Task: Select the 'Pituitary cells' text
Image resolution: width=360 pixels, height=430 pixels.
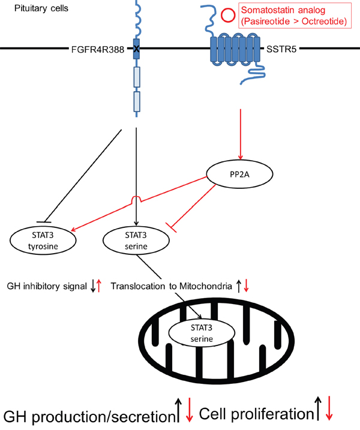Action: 29,8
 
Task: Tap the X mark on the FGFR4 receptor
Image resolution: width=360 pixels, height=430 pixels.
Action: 137,48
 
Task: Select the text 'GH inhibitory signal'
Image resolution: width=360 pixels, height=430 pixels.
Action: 45,286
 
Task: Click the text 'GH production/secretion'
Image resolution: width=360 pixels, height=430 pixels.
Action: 87,416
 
